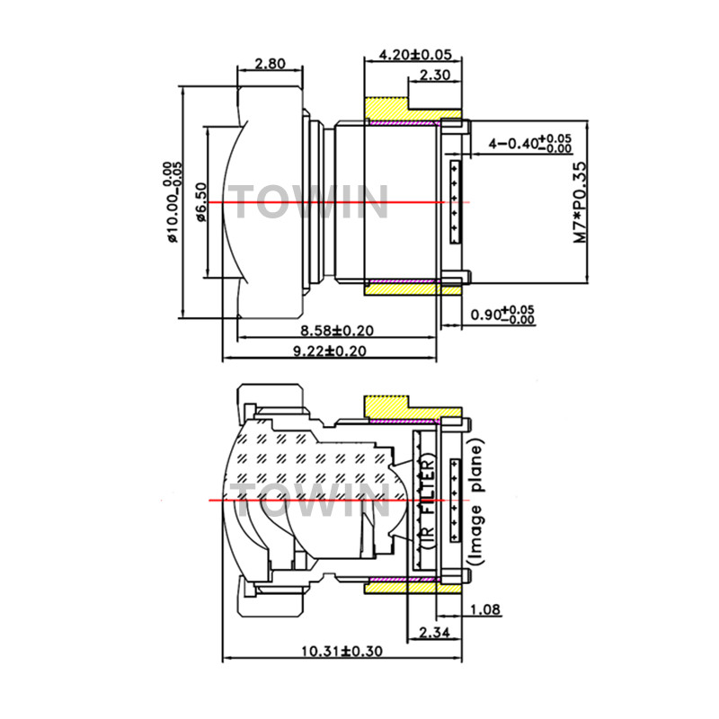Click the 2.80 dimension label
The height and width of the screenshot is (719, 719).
point(270,63)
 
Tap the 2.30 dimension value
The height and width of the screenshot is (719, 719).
point(435,75)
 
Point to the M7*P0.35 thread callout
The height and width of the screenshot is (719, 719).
point(580,202)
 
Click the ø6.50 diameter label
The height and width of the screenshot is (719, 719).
point(201,202)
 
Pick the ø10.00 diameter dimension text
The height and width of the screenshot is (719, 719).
point(173,202)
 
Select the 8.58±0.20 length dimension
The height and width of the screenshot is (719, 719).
point(336,330)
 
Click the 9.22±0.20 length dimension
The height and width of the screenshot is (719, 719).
point(330,351)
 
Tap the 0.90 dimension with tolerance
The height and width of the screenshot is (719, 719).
point(503,315)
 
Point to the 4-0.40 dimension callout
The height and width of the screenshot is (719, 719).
point(530,144)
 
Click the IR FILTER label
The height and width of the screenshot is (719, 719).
point(428,502)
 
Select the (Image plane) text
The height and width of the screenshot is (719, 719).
point(475,502)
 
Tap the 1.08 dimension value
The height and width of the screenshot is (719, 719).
point(486,609)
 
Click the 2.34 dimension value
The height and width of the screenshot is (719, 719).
point(434,633)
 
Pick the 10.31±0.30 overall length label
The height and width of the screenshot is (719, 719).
point(342,651)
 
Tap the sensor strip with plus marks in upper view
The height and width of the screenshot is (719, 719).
point(456,202)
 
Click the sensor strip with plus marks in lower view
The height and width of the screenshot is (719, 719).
point(456,501)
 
